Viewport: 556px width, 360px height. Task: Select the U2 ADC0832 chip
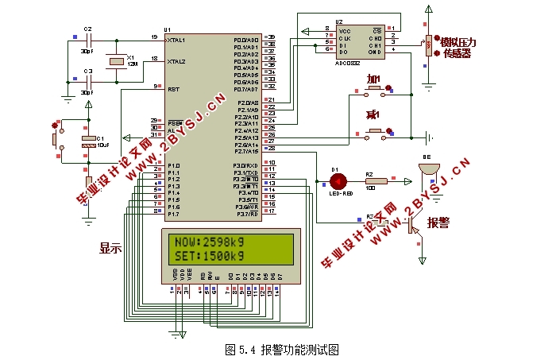tap(358, 39)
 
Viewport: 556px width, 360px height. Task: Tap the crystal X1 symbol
tap(117, 60)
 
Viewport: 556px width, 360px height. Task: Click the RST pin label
tap(173, 89)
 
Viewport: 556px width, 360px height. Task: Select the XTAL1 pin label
tap(177, 39)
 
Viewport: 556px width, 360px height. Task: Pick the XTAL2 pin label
tap(177, 60)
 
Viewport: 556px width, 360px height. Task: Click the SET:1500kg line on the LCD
tap(210, 256)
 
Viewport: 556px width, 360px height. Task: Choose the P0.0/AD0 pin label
tap(246, 39)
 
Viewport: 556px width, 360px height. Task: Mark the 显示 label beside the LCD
tap(110, 247)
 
